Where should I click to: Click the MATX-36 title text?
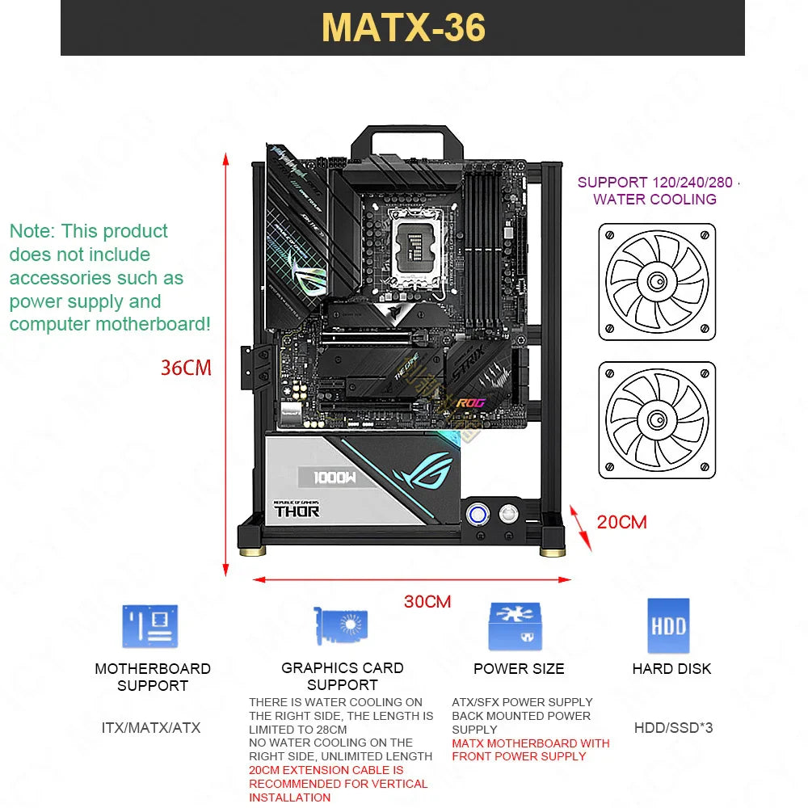pos(403,27)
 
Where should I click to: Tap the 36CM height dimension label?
pos(186,368)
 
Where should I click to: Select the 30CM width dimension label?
pos(427,602)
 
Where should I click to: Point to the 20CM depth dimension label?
pos(622,522)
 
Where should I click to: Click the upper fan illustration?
pos(657,282)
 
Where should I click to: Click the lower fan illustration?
pos(657,420)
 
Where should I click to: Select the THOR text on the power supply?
pos(297,511)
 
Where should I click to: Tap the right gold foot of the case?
pos(552,551)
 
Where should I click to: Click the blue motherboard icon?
pos(150,626)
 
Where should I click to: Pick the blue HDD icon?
pos(668,625)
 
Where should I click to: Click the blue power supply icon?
pos(515,626)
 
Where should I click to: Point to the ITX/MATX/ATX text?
pos(151,728)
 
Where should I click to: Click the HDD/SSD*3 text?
pos(673,728)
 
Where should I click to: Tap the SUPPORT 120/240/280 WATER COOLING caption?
pos(655,191)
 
